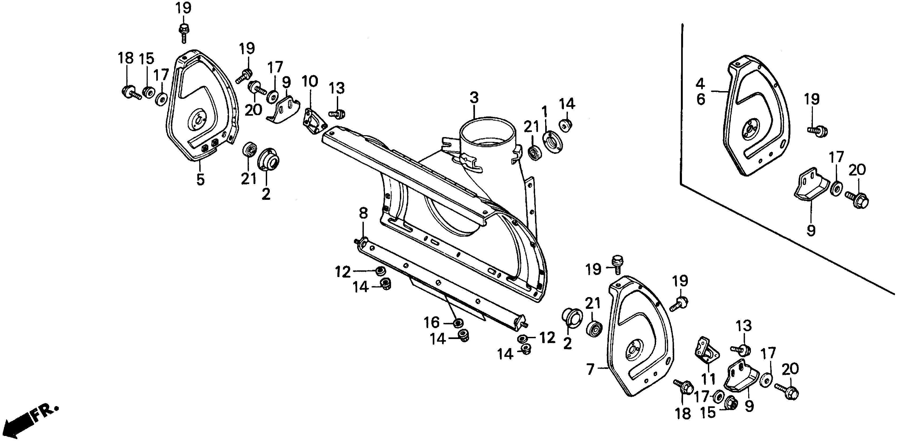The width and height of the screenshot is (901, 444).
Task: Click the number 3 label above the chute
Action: [474, 98]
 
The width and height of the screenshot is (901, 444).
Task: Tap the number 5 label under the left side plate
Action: [200, 179]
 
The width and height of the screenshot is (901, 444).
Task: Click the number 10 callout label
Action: [310, 81]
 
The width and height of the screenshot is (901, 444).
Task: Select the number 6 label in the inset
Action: [701, 100]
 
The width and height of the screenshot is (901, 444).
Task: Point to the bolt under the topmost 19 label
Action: [184, 33]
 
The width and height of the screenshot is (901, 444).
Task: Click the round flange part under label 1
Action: [552, 141]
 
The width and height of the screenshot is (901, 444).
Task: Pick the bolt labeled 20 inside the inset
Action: [857, 200]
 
